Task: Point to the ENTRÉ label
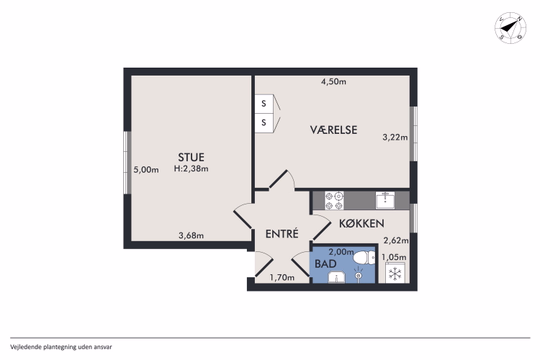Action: [x=282, y=234]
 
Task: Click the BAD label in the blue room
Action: [x=325, y=265]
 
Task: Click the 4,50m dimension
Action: [x=333, y=82]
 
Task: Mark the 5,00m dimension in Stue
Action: [x=146, y=170]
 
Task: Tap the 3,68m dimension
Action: [x=191, y=236]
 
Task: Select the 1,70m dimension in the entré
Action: [x=282, y=278]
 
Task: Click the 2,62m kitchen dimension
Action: [x=397, y=240]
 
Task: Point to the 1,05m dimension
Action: [x=397, y=257]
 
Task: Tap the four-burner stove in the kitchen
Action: [x=332, y=199]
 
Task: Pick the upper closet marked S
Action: [x=264, y=103]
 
